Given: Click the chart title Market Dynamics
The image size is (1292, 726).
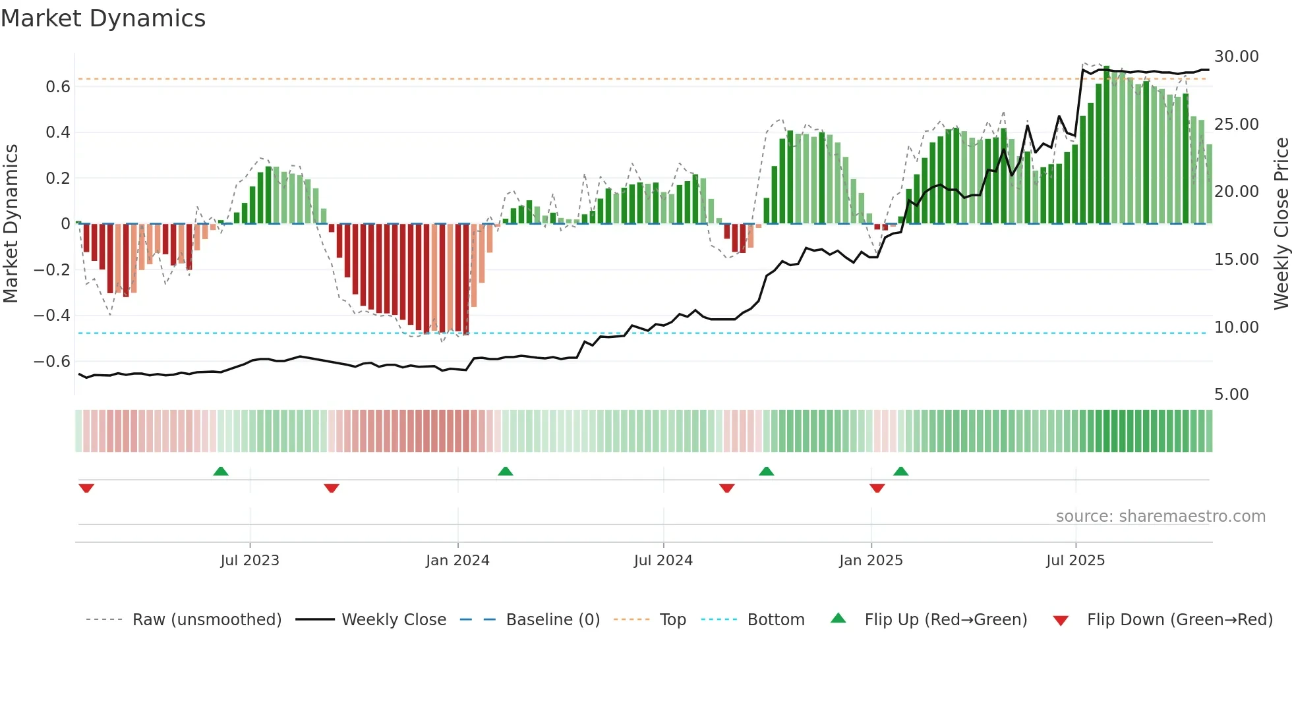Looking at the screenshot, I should tap(103, 18).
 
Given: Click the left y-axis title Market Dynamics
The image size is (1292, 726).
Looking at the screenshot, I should tap(11, 223).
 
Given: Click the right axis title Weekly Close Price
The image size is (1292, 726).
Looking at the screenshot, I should tap(1281, 223).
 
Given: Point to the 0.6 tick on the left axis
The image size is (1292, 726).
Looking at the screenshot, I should tap(58, 87).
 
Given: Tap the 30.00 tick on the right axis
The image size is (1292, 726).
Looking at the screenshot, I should tap(1236, 57).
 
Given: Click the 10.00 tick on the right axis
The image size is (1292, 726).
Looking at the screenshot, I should tap(1236, 327).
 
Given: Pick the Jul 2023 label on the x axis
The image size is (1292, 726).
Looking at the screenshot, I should tap(250, 561).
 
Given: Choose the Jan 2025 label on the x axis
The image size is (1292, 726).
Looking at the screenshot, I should tap(871, 561).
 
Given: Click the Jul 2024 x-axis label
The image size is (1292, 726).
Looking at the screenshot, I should tap(663, 561).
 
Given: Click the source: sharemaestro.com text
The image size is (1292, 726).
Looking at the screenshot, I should tap(1160, 517).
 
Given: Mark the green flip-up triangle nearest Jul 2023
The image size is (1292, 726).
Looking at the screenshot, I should tap(221, 472).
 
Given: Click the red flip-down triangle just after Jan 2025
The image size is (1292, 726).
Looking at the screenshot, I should tap(877, 488).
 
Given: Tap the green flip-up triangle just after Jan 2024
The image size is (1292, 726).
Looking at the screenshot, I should tap(506, 472).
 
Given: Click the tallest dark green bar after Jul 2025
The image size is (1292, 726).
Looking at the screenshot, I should tap(1107, 145).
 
